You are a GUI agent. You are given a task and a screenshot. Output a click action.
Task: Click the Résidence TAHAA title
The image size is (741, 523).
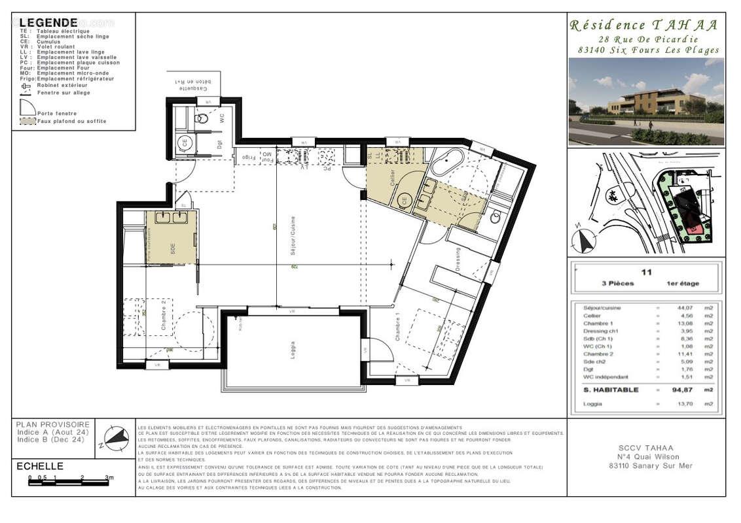click(643, 25)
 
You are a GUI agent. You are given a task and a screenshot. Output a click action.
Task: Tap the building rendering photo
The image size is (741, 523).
click(645, 101)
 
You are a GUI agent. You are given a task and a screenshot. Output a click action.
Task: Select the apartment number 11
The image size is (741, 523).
click(646, 273)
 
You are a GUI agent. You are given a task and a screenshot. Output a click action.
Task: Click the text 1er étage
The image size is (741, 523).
click(683, 284)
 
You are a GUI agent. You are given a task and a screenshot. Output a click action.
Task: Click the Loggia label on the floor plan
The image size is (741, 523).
click(293, 350)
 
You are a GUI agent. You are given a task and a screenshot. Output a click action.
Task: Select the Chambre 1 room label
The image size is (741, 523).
click(397, 326)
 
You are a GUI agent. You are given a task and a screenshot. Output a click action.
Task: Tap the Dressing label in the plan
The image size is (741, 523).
click(458, 260)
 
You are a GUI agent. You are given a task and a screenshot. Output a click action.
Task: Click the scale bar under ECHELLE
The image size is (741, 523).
click(69, 483)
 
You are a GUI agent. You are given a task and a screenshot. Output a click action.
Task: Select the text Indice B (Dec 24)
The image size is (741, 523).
click(50, 440)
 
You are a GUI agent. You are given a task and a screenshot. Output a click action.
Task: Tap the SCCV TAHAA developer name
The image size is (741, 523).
click(645, 448)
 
